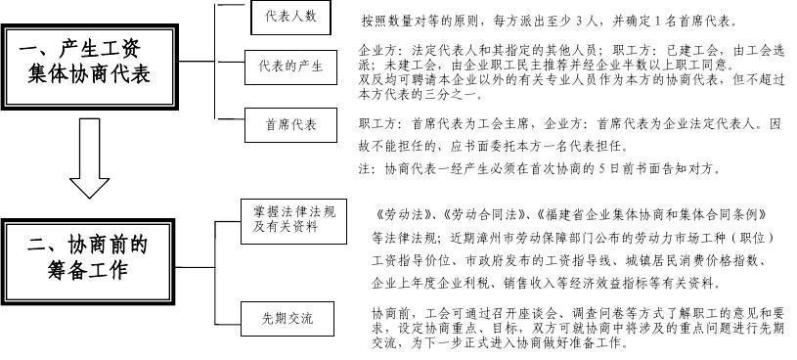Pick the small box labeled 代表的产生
coord(290,67)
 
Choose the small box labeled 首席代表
coord(289,124)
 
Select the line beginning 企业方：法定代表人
coord(571,49)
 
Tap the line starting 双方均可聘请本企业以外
coord(571,82)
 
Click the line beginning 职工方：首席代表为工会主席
coord(571,125)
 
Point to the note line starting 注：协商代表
coord(540,168)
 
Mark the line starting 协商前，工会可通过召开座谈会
coord(573,313)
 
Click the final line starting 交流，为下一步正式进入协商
coord(497,343)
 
